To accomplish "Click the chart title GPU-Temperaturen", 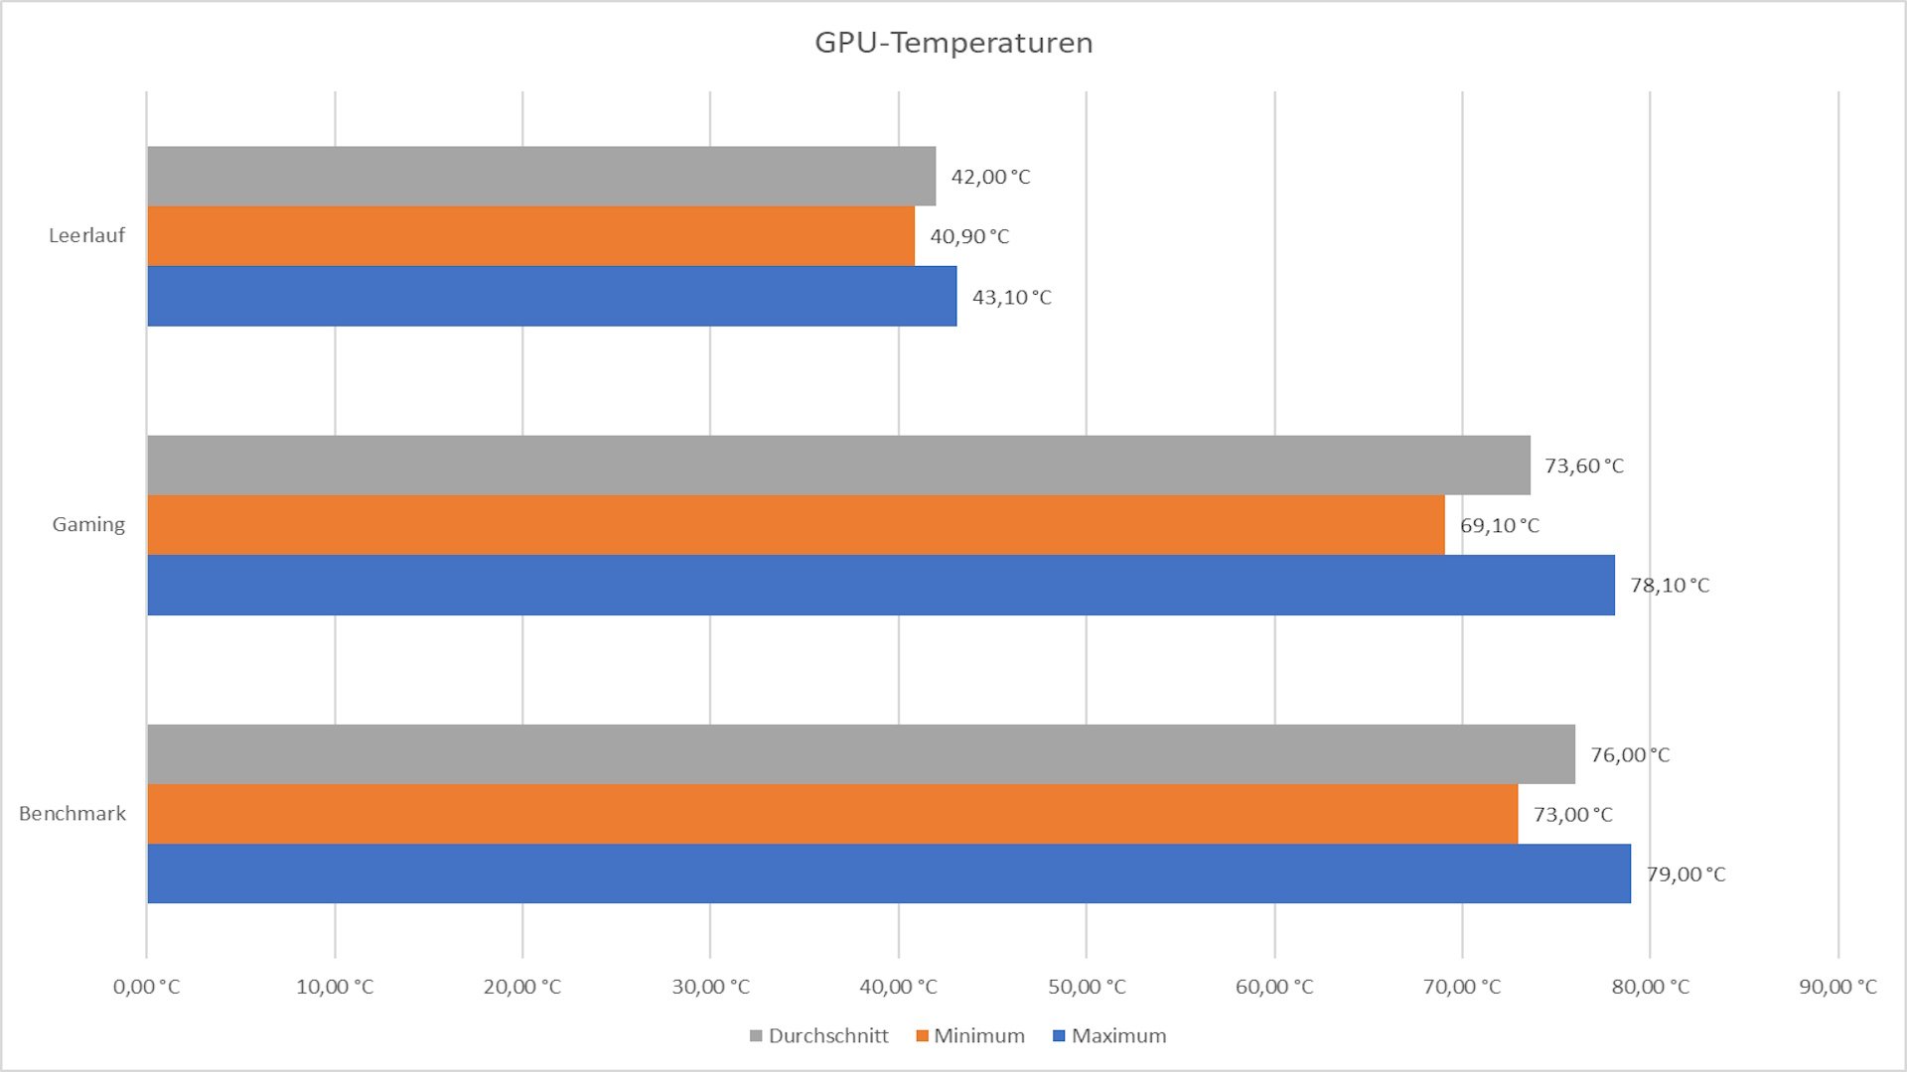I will tap(953, 43).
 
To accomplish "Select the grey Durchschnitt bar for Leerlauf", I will tap(541, 177).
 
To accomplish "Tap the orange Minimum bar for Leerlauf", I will tap(530, 236).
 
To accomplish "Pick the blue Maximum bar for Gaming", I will tap(881, 585).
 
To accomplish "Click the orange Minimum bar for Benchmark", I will tap(832, 814).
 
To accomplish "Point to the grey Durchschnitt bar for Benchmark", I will tap(861, 754).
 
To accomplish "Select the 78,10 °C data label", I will tap(1670, 586).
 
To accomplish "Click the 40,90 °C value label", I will tap(969, 236).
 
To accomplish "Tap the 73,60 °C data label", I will tap(1584, 466).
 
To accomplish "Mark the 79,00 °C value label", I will tap(1686, 874).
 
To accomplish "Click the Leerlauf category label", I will tap(87, 236).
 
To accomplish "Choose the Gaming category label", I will tap(88, 525).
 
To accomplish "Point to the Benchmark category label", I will tap(73, 814).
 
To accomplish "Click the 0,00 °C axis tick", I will tap(147, 987).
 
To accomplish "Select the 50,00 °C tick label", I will tap(1087, 987).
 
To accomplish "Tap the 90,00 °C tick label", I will tap(1837, 987).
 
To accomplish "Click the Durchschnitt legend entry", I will tap(819, 1036).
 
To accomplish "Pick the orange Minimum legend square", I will tap(922, 1036).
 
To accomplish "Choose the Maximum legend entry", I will tap(1109, 1036).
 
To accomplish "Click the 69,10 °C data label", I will tap(1500, 525).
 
